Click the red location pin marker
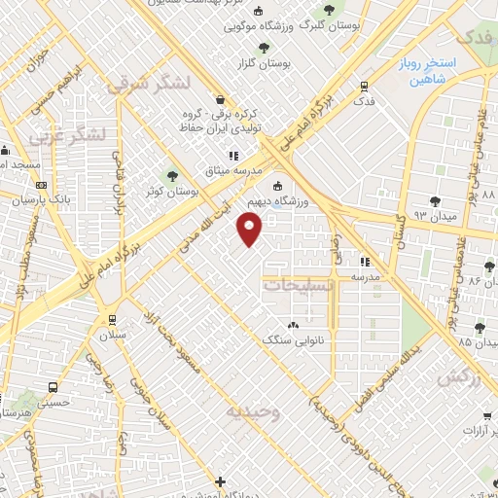(250, 230)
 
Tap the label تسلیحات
(299, 285)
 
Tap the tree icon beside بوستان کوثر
(173, 176)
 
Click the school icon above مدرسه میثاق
(232, 156)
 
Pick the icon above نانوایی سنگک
(293, 325)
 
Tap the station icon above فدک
(364, 86)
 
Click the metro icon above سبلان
(114, 319)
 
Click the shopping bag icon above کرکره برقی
(221, 98)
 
